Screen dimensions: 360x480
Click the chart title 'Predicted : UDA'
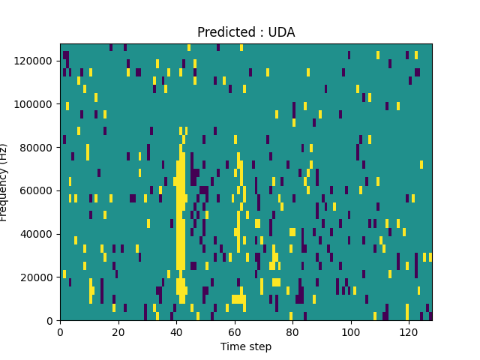pyautogui.click(x=246, y=32)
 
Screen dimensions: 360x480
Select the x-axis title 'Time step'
pyautogui.click(x=246, y=346)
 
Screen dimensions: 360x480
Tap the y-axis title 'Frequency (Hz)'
pyautogui.click(x=4, y=182)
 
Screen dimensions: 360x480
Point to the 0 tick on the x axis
pyautogui.click(x=60, y=331)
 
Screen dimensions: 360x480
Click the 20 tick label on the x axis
pyautogui.click(x=118, y=331)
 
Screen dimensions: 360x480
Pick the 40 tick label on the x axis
pyautogui.click(x=176, y=331)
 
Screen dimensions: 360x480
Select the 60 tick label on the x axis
pyautogui.click(x=235, y=331)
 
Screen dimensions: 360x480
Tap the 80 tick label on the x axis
pyautogui.click(x=292, y=331)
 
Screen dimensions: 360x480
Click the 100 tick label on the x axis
pyautogui.click(x=351, y=331)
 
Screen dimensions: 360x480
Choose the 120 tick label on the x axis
pyautogui.click(x=409, y=331)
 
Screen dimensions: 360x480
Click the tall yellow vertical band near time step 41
pyautogui.click(x=181, y=225)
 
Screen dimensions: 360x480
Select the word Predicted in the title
pyautogui.click(x=222, y=32)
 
